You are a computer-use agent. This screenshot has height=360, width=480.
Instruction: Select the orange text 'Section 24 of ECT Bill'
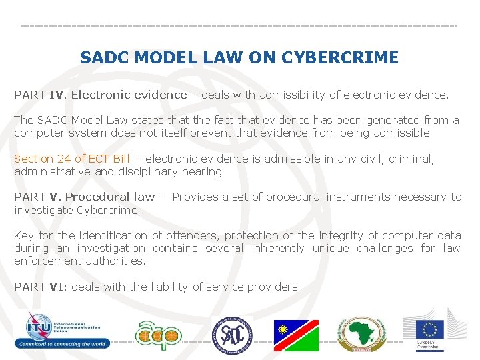click(x=72, y=159)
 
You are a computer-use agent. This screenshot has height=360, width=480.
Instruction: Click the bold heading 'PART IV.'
click(x=41, y=95)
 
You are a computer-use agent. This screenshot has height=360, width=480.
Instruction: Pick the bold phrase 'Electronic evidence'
click(x=129, y=95)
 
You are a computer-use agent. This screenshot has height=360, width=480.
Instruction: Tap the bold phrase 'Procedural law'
click(x=109, y=197)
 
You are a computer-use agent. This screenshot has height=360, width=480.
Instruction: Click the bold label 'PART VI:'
click(x=41, y=287)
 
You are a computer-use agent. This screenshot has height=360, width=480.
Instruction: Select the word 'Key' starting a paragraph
click(x=24, y=235)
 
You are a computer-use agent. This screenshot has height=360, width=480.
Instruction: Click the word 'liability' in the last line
click(x=166, y=287)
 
